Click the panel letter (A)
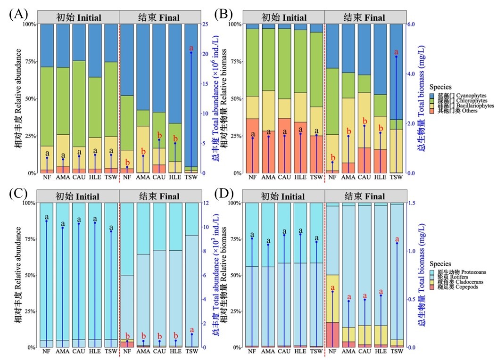[x=17, y=13]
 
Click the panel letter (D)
[x=224, y=193]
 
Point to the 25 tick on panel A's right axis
[x=205, y=24]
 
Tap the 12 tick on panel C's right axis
[x=205, y=203]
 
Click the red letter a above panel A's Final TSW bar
[x=191, y=48]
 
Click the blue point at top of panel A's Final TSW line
[x=191, y=53]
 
